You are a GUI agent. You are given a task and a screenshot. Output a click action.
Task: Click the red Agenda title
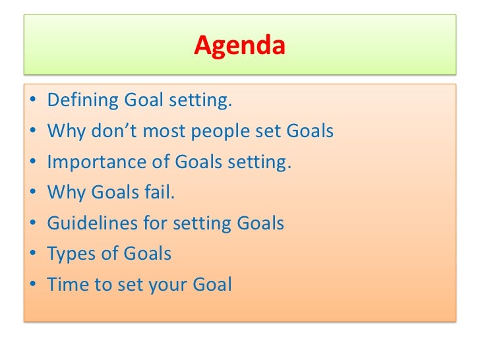click(x=239, y=46)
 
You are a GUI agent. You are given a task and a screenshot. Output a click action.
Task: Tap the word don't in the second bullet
click(x=116, y=132)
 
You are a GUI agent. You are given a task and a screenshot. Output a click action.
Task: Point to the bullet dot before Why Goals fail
click(x=32, y=193)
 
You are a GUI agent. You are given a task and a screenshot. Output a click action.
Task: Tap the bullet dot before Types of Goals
click(x=32, y=254)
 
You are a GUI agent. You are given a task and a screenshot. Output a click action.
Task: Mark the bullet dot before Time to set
click(x=32, y=285)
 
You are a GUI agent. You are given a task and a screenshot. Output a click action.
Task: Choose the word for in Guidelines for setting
click(x=156, y=224)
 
